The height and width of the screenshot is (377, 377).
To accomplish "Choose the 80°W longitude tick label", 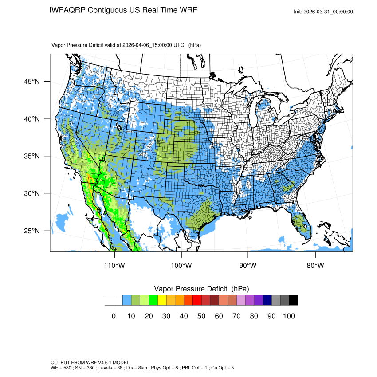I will [x=315, y=266].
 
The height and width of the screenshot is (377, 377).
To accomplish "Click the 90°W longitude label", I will [x=248, y=266].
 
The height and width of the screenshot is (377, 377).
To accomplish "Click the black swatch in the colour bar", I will [x=293, y=300].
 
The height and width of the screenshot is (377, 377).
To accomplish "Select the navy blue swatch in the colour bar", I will [x=267, y=300].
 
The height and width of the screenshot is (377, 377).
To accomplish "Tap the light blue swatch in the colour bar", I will [x=127, y=300].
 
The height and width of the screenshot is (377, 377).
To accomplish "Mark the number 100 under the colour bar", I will [x=289, y=316].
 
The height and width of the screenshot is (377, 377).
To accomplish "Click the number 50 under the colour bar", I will [x=201, y=316].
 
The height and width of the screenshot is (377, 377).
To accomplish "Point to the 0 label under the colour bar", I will [x=114, y=316].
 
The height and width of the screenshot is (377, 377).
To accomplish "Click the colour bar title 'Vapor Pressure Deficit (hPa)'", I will [x=201, y=289].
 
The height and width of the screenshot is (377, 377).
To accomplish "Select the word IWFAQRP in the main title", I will [x=67, y=10].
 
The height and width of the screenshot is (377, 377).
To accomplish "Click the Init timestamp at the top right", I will [x=323, y=12].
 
